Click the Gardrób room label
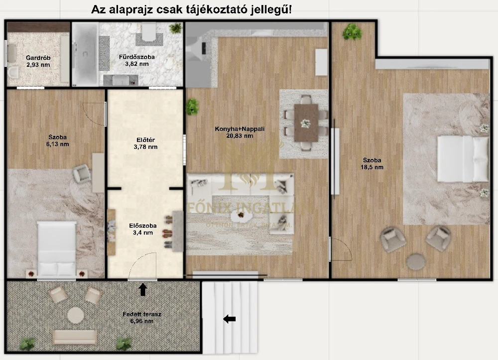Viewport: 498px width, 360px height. [x=38, y=61]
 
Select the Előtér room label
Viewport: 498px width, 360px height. [x=146, y=143]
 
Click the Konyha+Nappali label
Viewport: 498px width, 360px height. [x=240, y=132]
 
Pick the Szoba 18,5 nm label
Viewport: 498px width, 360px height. [x=373, y=164]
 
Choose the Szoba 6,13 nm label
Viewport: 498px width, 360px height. [x=58, y=140]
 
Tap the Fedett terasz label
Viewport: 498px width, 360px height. [x=142, y=318]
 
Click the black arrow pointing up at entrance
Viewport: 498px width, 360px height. [x=143, y=289]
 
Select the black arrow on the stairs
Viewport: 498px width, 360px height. [x=229, y=319]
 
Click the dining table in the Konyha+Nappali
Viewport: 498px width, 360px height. [x=306, y=122]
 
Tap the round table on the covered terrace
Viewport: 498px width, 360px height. [x=76, y=315]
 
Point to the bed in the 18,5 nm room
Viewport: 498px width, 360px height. [x=463, y=159]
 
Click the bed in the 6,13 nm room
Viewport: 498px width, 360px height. [x=57, y=248]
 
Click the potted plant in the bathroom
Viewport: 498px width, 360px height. [x=175, y=28]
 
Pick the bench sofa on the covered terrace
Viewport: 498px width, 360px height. [x=74, y=337]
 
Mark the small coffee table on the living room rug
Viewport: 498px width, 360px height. [x=244, y=216]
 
